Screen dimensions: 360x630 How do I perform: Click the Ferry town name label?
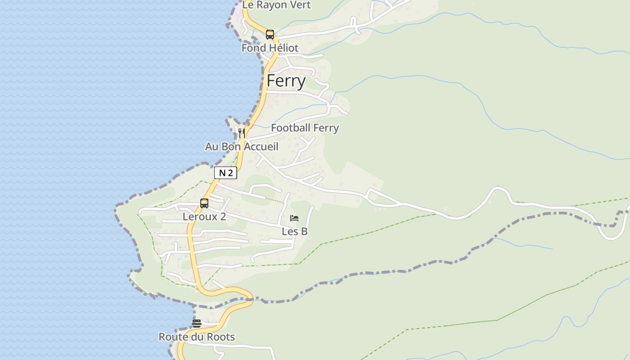(x=286, y=81)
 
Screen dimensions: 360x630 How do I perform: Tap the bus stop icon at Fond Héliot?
(x=270, y=35)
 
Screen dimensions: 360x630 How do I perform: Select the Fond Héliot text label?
(x=270, y=48)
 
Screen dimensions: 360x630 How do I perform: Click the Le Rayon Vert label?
(x=277, y=5)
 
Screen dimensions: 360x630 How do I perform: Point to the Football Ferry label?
(x=305, y=128)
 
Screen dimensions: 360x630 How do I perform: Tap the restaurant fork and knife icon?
(x=242, y=133)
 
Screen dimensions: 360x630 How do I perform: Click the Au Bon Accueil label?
(x=242, y=147)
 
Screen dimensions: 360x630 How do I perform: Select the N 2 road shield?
(x=225, y=173)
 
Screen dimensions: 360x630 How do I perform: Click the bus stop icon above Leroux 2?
(x=204, y=203)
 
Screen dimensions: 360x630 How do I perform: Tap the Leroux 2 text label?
(x=204, y=217)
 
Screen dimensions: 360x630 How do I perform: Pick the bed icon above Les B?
(x=294, y=218)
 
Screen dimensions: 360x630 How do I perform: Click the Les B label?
(x=294, y=232)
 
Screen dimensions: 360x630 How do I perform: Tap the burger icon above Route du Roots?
(x=197, y=323)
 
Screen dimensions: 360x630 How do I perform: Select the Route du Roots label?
(x=197, y=337)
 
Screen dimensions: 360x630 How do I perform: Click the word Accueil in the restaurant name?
(x=261, y=147)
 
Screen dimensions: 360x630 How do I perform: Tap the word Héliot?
(x=284, y=48)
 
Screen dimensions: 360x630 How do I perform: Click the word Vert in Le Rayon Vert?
(x=300, y=5)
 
